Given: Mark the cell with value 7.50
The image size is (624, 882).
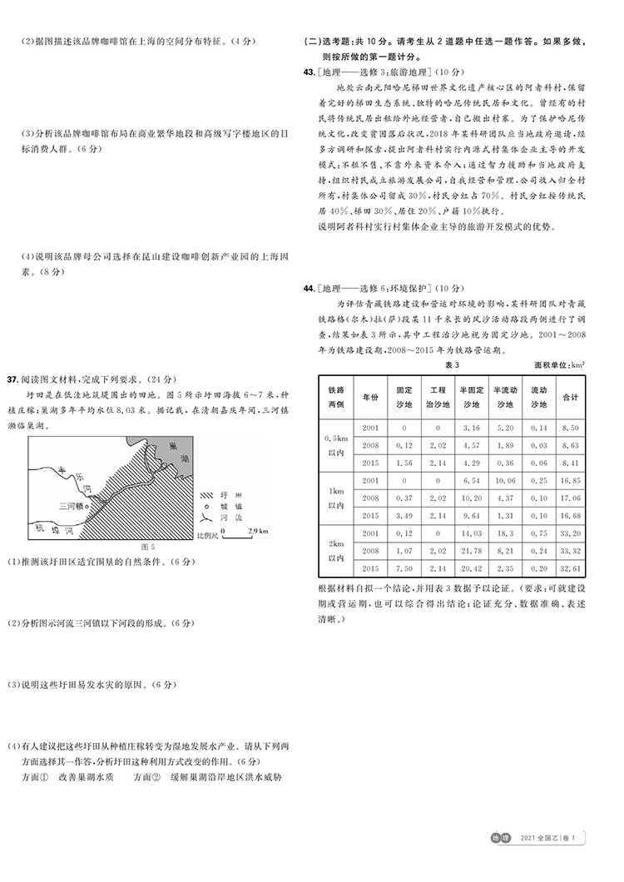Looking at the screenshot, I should pos(404,567).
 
